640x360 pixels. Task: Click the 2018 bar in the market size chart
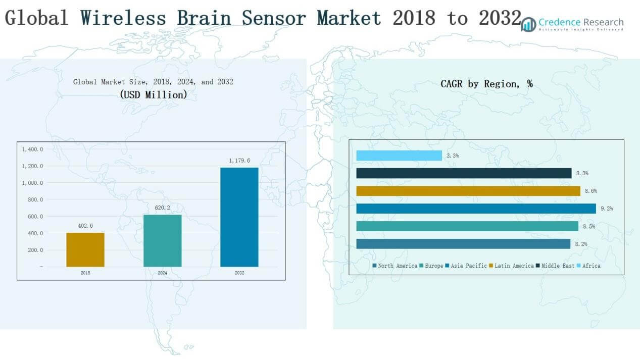tap(85, 249)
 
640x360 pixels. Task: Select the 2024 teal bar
tap(162, 240)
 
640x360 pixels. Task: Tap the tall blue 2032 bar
tap(239, 217)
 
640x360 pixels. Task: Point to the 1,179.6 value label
tap(239, 161)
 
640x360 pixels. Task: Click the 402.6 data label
tap(85, 226)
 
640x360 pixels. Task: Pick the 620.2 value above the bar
tap(162, 208)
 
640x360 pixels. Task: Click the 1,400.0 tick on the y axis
tap(32, 149)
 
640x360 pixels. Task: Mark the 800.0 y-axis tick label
tap(33, 199)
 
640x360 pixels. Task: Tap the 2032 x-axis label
tap(239, 273)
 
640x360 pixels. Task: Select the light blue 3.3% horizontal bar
tap(399, 156)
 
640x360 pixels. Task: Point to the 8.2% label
tap(581, 244)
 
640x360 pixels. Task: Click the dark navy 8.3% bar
tap(464, 173)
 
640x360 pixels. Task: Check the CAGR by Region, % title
tap(486, 84)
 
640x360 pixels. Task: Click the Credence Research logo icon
tap(528, 24)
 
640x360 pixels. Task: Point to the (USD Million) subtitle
tap(153, 94)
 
